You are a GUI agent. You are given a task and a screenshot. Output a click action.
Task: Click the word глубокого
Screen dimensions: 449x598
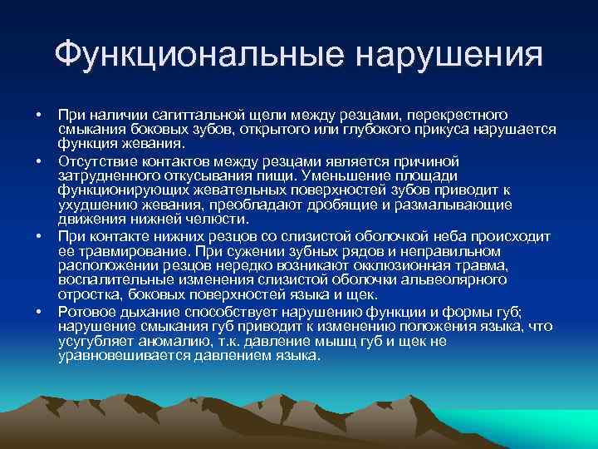387,128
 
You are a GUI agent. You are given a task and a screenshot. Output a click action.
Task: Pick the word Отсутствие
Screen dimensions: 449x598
94,160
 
